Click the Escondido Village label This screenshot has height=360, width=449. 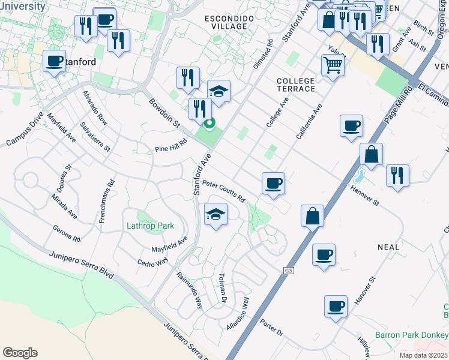pos(225,22)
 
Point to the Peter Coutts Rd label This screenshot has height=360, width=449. pos(223,191)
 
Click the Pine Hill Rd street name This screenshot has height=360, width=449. pos(171,144)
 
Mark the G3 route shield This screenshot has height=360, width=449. pos(289,271)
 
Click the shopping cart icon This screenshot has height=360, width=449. pos(332,64)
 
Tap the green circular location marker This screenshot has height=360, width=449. pos(209,125)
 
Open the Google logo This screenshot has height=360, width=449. pos(20,353)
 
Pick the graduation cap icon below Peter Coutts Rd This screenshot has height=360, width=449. pos(215,214)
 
